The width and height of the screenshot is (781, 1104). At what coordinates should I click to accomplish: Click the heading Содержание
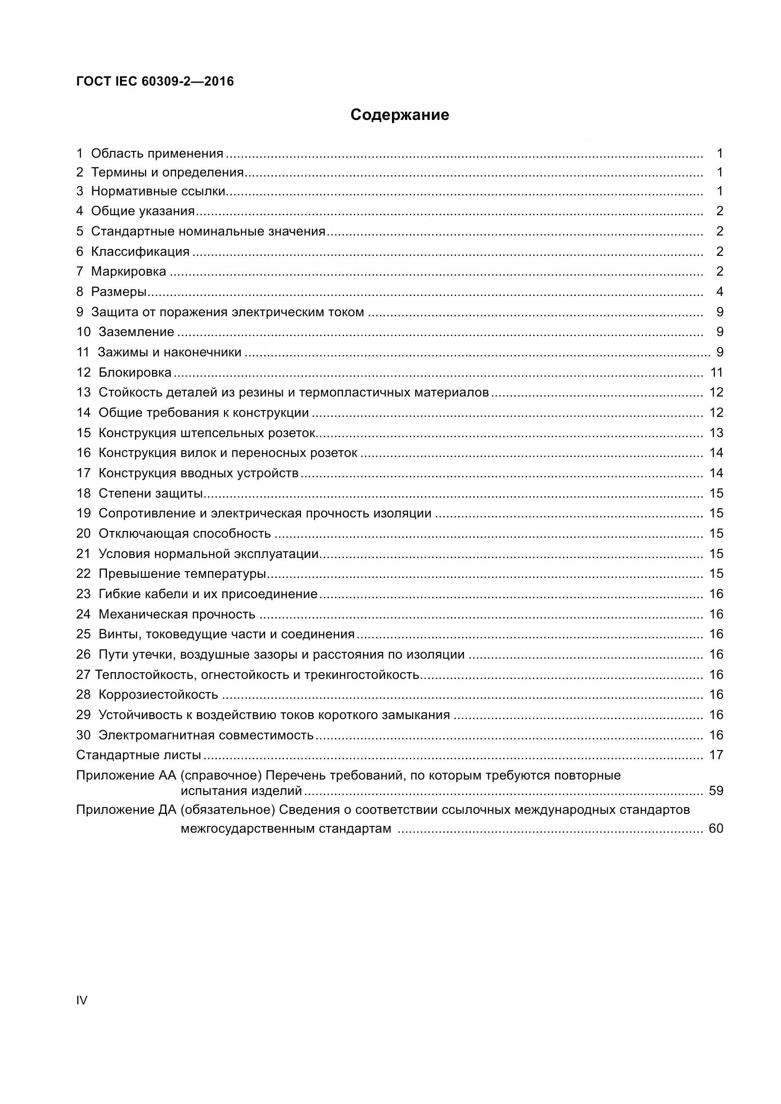coord(399,115)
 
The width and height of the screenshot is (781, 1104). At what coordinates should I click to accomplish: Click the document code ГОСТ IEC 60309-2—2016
coord(155,81)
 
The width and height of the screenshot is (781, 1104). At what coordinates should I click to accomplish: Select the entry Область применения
coord(157,154)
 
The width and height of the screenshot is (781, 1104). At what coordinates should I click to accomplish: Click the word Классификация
coord(140,251)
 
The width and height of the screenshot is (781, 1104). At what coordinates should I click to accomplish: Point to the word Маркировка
coord(128,271)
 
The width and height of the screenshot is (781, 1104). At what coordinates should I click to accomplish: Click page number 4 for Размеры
coord(720,292)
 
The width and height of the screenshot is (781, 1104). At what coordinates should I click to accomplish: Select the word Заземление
coord(136,332)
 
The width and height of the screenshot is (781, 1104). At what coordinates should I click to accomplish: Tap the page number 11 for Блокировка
coord(716,372)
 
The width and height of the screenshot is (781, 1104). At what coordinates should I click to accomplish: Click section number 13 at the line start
coord(83,392)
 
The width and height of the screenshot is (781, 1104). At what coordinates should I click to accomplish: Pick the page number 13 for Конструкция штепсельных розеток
coord(716,433)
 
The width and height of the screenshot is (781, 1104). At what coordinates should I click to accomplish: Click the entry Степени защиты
coord(150,493)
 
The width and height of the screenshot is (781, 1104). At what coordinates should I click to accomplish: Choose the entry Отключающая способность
coord(184,533)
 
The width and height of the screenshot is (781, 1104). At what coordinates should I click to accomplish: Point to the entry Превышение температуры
coord(182,574)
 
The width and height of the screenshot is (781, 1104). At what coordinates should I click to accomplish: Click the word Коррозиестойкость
coord(158,694)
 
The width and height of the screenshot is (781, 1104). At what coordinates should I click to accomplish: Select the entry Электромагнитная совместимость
coord(206,735)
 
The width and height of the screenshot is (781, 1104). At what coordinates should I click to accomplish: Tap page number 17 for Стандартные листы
coord(716,755)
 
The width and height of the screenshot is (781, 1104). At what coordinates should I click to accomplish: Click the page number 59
coord(716,791)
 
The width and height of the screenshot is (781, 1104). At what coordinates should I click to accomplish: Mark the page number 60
coord(716,828)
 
